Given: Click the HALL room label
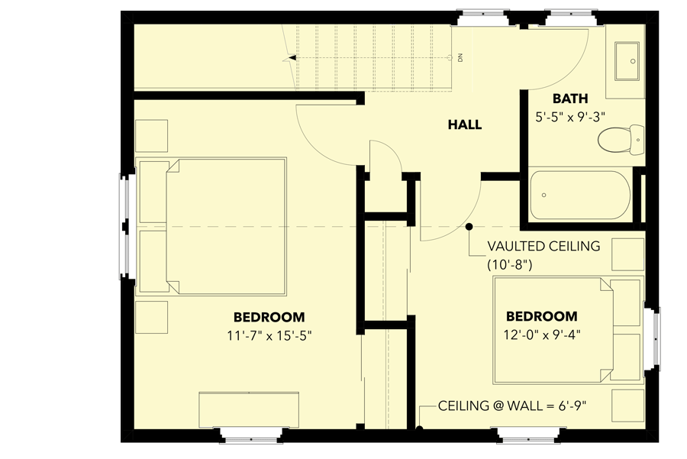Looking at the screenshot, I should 464,124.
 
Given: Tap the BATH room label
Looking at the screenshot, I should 570,99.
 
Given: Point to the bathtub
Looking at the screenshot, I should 580,195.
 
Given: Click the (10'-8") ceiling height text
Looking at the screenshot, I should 509,265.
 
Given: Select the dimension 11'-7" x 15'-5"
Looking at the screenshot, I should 269,335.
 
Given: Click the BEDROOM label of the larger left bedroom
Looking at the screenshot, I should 269,316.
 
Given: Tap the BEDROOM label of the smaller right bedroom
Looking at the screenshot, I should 541,316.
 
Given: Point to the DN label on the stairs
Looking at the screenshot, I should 462,57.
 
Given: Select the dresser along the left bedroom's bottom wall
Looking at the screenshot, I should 249,410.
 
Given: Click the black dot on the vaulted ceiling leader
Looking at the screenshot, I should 469,227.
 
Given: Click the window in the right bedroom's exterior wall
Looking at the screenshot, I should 655,333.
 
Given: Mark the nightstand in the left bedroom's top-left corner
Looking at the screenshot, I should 151,134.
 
